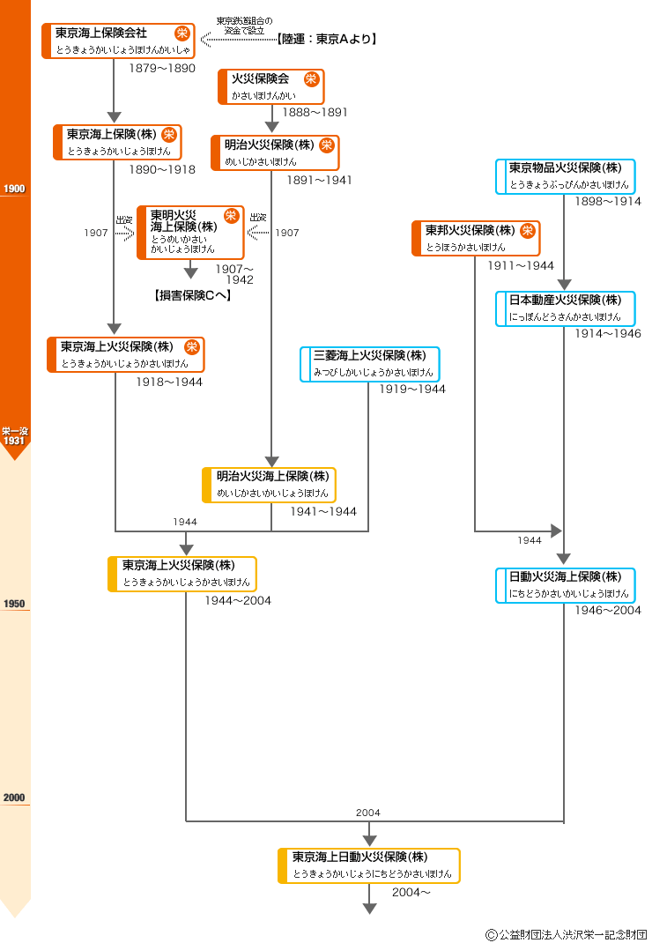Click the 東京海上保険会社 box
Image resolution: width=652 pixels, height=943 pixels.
[118, 41]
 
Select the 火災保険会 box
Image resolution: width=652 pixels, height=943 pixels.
[271, 86]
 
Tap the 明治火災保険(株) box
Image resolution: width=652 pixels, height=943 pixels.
[275, 152]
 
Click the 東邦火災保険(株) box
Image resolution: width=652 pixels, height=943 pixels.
[476, 238]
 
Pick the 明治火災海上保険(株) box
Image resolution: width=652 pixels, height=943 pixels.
[270, 485]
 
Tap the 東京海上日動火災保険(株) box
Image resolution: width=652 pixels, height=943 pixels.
[369, 865]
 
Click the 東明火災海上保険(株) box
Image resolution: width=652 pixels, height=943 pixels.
[190, 232]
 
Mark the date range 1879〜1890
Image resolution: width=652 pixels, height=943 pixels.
[162, 68]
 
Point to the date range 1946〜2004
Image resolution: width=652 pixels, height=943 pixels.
[608, 611]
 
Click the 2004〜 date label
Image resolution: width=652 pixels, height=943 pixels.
[411, 892]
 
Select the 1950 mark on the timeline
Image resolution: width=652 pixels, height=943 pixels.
[14, 605]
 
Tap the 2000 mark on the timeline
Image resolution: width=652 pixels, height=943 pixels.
[14, 798]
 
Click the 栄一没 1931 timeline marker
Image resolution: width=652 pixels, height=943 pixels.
[15, 436]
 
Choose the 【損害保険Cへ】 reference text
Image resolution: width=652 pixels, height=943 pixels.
[191, 296]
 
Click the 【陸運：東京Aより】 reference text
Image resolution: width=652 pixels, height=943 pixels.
[326, 39]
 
